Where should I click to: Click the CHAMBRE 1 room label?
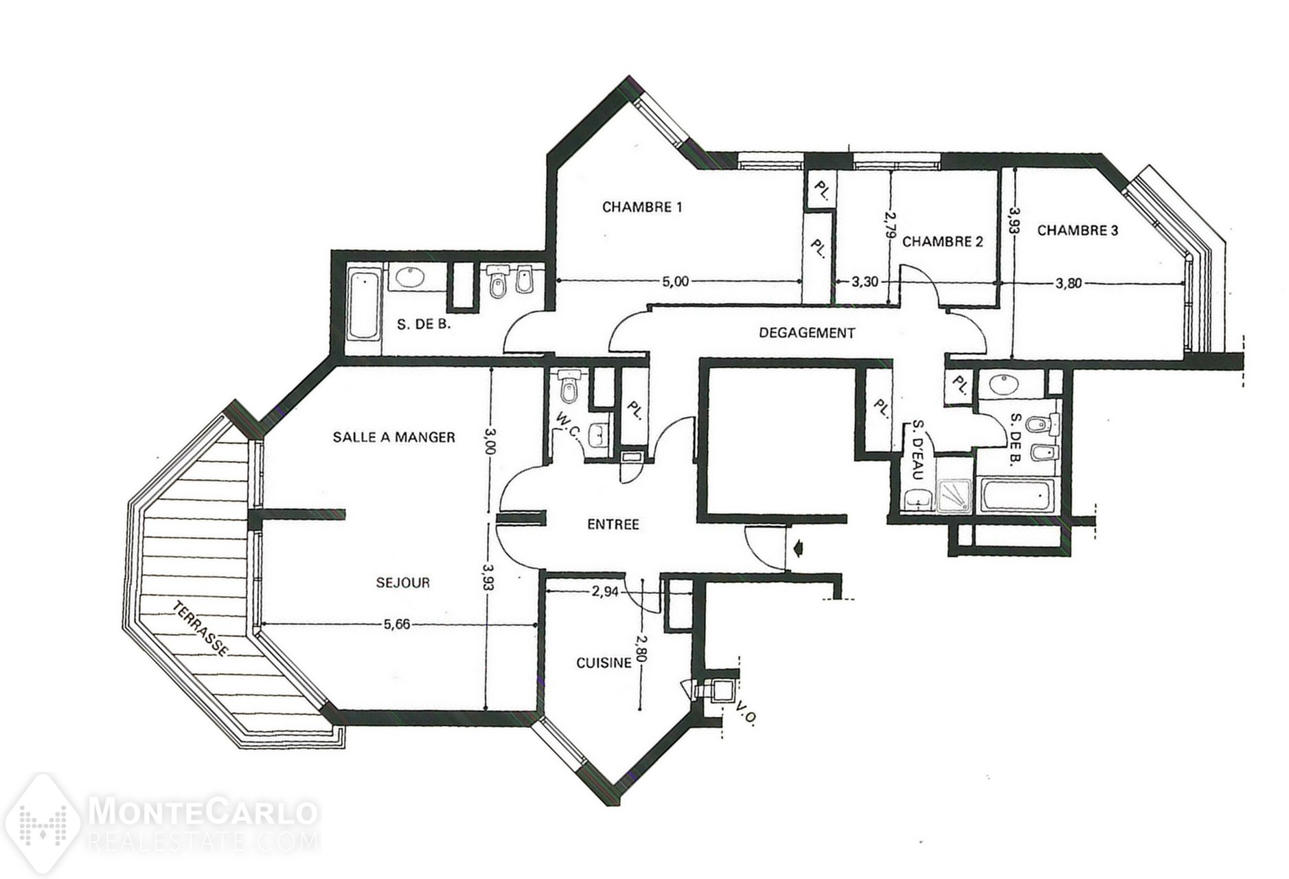point(642,207)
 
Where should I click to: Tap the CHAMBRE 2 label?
point(942,242)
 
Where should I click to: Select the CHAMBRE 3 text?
point(1077,231)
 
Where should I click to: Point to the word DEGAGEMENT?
point(807,333)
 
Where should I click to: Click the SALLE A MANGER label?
point(393,437)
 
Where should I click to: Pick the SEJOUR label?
point(403,583)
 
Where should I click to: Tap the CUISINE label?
point(604,663)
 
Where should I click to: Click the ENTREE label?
point(613,525)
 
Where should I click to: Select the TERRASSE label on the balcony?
point(200,629)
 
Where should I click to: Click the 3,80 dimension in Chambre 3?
point(1068,282)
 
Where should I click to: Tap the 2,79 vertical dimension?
point(890,225)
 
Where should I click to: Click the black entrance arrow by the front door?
point(797,548)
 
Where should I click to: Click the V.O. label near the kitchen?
point(745,712)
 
